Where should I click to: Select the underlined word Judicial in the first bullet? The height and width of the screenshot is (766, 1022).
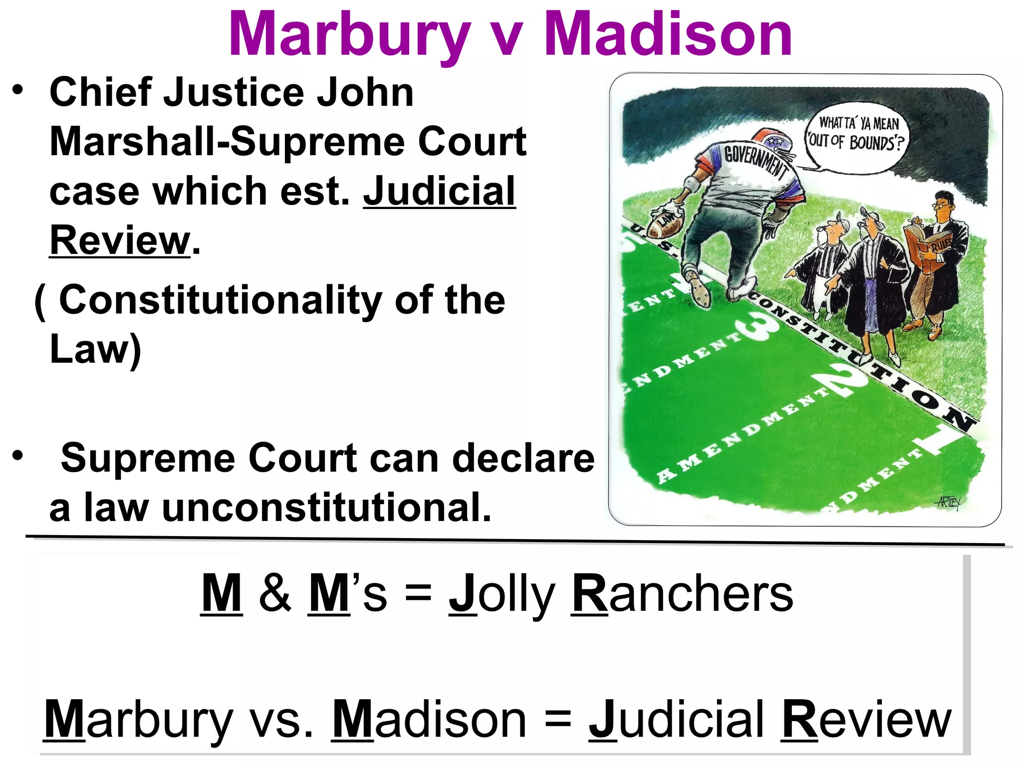click(x=439, y=191)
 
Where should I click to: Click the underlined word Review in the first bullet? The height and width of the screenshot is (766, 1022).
click(x=120, y=240)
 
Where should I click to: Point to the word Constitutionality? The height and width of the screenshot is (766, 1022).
click(x=220, y=300)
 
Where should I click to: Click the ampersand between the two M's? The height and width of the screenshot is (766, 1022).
click(x=275, y=593)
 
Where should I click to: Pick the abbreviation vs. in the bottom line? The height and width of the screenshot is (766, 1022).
click(x=282, y=720)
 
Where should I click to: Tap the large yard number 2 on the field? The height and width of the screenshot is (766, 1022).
click(x=843, y=382)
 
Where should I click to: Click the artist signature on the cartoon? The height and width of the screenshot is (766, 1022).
click(x=947, y=502)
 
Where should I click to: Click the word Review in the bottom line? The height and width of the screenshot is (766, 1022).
click(x=866, y=720)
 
